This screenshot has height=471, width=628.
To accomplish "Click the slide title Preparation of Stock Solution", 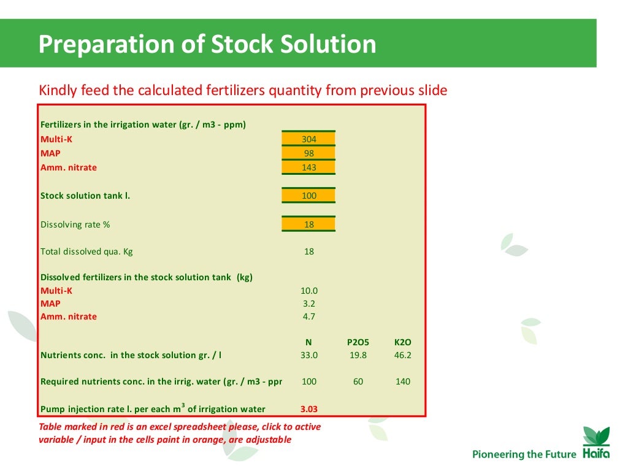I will (x=207, y=44).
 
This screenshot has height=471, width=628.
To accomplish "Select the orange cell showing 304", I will (x=308, y=139).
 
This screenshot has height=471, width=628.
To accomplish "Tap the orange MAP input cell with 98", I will (x=308, y=153).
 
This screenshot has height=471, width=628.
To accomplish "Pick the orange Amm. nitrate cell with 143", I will (x=308, y=167).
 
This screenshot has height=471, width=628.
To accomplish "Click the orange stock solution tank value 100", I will (x=308, y=196).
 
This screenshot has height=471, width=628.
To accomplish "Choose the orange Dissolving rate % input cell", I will (x=308, y=224).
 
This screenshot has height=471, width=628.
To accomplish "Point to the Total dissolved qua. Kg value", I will (x=309, y=251).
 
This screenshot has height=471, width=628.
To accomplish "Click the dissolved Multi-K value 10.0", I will (x=309, y=291).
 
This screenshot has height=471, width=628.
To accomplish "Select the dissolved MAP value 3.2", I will (x=309, y=304).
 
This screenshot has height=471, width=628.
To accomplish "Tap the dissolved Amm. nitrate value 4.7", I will (x=309, y=317).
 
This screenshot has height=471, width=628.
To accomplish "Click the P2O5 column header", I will (x=358, y=343).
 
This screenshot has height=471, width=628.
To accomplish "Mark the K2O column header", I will (x=402, y=343).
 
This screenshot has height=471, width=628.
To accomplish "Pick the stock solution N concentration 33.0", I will (x=309, y=355).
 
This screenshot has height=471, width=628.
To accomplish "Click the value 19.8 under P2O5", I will (x=358, y=355).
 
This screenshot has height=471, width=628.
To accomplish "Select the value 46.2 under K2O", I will (x=402, y=355).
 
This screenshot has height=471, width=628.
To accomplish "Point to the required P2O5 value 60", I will (x=358, y=381).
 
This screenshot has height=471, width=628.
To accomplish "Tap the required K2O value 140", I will (x=402, y=381).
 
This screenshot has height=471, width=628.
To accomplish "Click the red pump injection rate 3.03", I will (x=309, y=409).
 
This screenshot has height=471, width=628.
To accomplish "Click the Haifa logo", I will (x=595, y=444).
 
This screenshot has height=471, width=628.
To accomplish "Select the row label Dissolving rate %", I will (x=75, y=224).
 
